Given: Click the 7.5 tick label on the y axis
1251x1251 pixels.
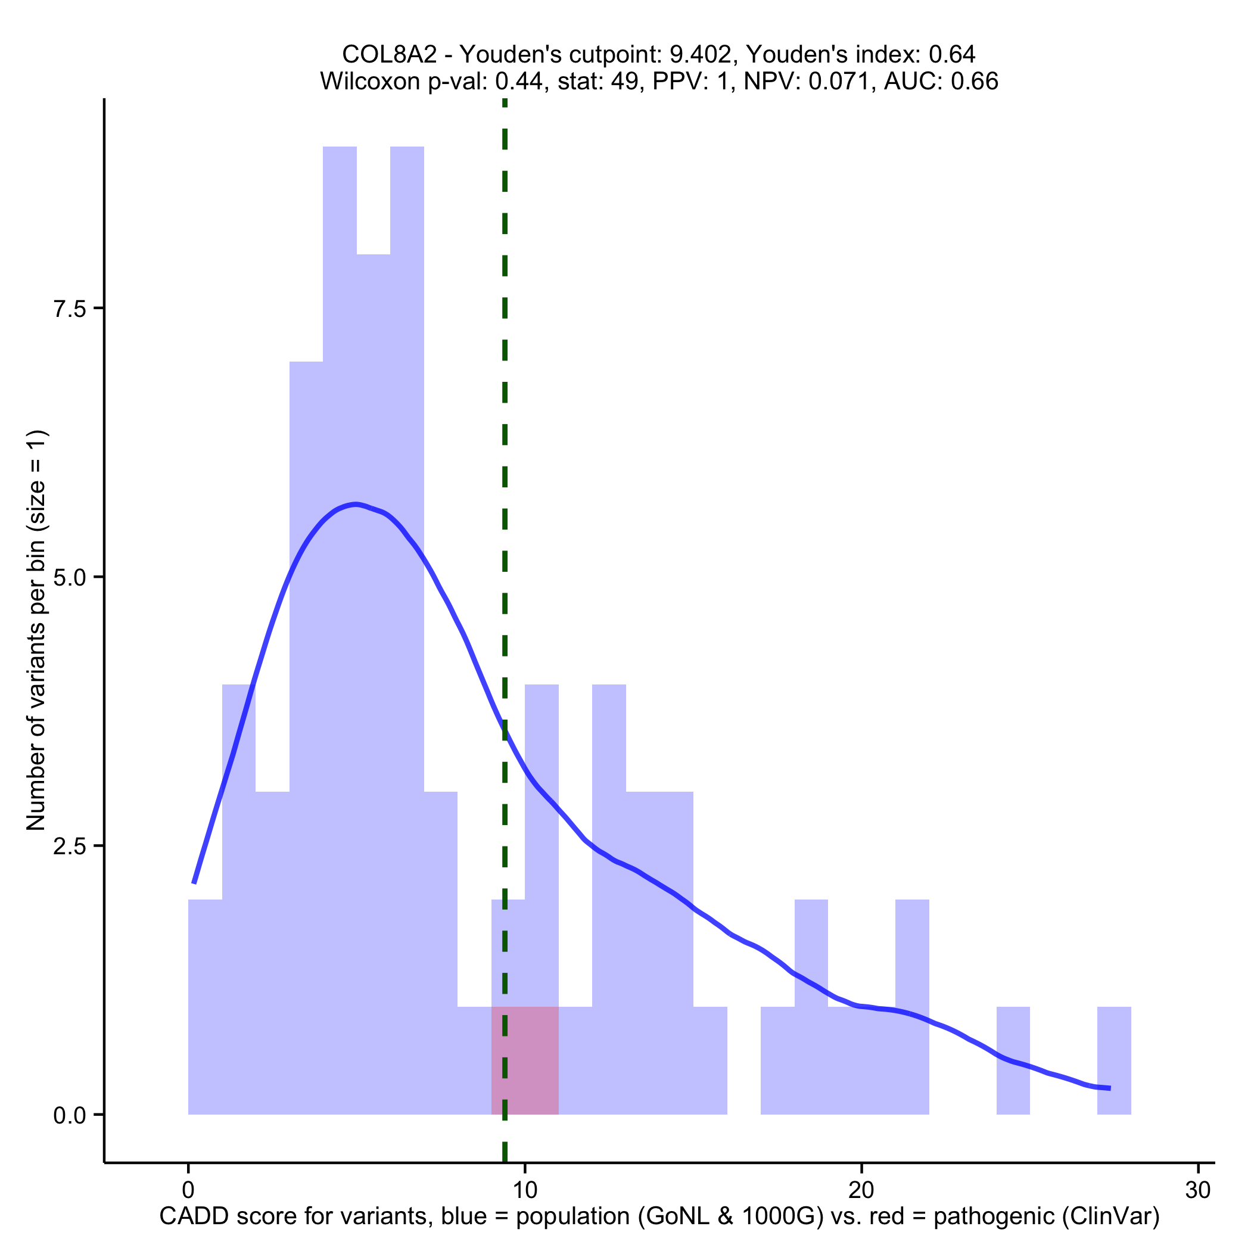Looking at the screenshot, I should pos(70,309).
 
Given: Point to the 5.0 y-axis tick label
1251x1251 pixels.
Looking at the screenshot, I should pos(70,578).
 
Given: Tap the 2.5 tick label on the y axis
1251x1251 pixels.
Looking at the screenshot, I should pos(70,847).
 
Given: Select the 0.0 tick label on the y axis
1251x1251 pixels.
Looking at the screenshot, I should pos(70,1115).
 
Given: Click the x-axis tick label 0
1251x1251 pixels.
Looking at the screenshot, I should pos(188,1191).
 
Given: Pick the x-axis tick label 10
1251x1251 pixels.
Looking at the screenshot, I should pos(525,1191).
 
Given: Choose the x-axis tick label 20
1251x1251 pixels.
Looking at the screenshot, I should pos(862,1191).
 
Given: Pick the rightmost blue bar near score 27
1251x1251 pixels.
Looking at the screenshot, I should pos(1114,1062).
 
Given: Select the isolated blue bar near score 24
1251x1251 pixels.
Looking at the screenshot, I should pos(1013,1062).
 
